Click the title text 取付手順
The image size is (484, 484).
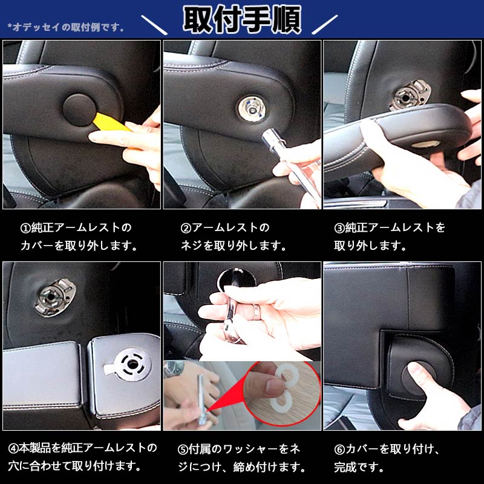(242, 20)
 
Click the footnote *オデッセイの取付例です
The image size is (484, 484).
(67, 27)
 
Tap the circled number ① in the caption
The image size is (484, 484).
(25, 228)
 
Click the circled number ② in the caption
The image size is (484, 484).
(186, 228)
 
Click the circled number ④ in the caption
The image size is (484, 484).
(13, 448)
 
